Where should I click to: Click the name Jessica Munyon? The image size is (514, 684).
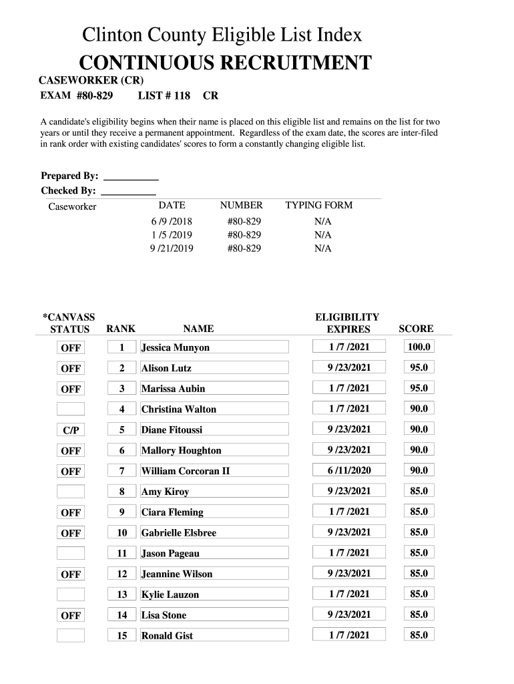[x=176, y=347]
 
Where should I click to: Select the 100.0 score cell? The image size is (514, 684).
[x=419, y=347]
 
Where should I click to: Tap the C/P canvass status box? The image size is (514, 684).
[x=71, y=430]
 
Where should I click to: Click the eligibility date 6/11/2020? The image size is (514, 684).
[x=348, y=470]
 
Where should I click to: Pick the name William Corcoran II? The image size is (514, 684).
[x=186, y=471]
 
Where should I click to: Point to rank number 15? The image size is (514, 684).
[x=122, y=636]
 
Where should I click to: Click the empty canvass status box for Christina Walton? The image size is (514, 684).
[x=71, y=409]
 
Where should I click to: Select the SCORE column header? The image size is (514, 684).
[x=416, y=329]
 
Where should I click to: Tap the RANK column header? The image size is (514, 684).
[x=121, y=329]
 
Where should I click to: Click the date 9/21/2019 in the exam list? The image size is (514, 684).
[x=171, y=248]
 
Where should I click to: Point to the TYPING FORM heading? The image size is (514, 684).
[x=318, y=205]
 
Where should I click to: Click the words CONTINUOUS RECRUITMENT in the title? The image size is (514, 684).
[x=225, y=64]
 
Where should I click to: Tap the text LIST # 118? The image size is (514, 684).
[x=164, y=96]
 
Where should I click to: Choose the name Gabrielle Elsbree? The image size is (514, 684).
[x=179, y=533]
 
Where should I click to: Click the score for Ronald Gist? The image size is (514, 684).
[x=419, y=635]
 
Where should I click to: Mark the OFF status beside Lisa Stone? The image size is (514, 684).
[x=71, y=616]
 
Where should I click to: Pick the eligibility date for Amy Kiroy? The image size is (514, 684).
[x=348, y=491]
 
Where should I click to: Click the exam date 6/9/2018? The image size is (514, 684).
[x=171, y=221]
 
